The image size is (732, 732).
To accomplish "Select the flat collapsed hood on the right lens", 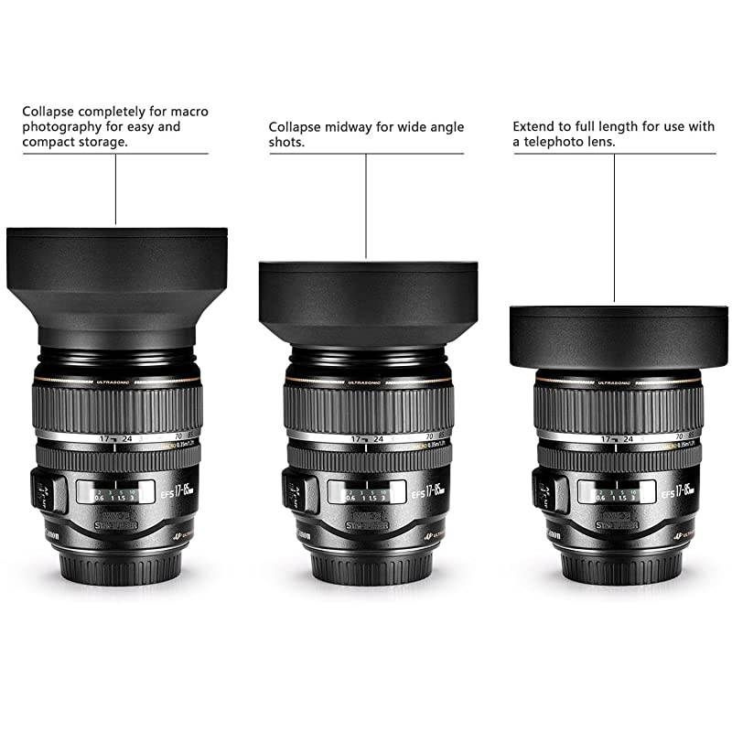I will [619, 336].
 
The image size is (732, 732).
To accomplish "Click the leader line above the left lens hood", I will [116, 188].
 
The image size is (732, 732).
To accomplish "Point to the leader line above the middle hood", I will [366, 206].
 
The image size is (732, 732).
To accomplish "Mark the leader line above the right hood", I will [614, 229].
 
